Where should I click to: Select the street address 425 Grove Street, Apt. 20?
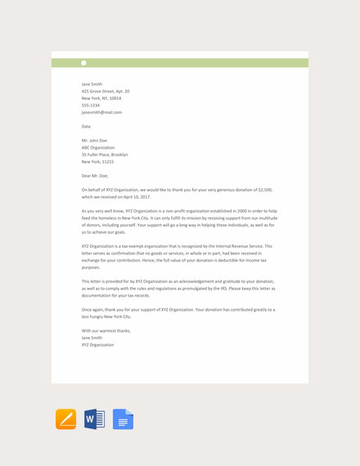pyautogui.click(x=106, y=91)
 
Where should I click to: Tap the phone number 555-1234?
pyautogui.click(x=91, y=105)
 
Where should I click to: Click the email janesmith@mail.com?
pyautogui.click(x=101, y=112)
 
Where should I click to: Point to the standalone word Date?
pyautogui.click(x=86, y=127)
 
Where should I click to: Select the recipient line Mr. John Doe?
pyautogui.click(x=95, y=141)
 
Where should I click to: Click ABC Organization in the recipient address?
pyautogui.click(x=98, y=147)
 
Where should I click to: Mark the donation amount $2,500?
pyautogui.click(x=265, y=190)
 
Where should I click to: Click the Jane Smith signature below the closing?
pyautogui.click(x=92, y=338)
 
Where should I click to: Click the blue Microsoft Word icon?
pyautogui.click(x=94, y=419)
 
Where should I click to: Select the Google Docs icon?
pyautogui.click(x=123, y=419)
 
